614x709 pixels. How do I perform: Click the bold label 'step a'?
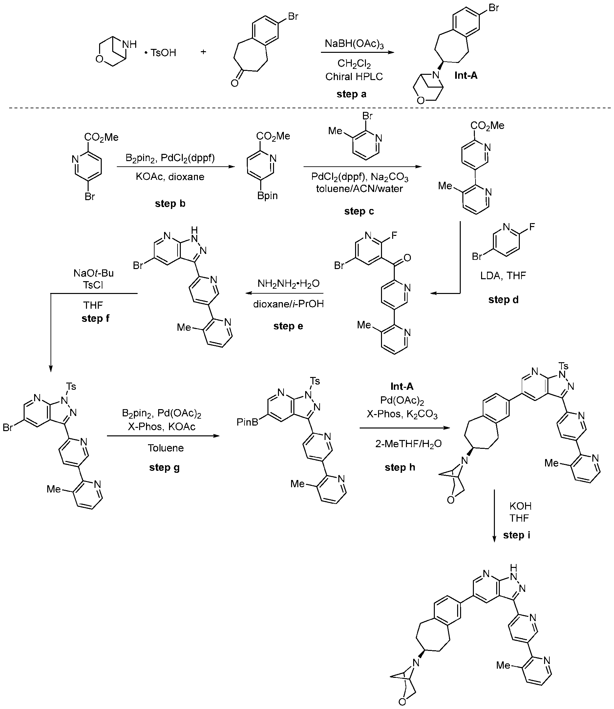[x=351, y=94]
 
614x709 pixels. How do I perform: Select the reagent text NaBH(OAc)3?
[x=354, y=44]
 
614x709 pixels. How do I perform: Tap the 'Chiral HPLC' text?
[x=354, y=76]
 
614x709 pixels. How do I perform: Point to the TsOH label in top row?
[x=163, y=53]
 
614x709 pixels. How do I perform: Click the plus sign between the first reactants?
[x=203, y=52]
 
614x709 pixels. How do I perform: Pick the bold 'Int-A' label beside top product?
[x=466, y=75]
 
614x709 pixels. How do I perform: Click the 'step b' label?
[x=170, y=203]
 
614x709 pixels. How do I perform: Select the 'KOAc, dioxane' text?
[x=170, y=177]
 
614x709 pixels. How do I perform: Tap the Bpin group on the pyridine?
[x=267, y=196]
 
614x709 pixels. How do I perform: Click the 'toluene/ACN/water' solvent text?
[x=359, y=189]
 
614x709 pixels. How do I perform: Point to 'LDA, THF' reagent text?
[x=503, y=275]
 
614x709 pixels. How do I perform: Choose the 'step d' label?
[x=503, y=299]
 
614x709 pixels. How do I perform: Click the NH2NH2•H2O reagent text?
[x=288, y=283]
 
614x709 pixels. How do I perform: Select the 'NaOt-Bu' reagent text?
[x=93, y=273]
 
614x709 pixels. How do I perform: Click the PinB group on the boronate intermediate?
[x=247, y=422]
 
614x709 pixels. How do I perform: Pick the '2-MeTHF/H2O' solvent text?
[x=409, y=444]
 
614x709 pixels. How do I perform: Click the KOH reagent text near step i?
[x=520, y=506]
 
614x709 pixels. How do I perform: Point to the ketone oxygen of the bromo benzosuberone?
[x=234, y=83]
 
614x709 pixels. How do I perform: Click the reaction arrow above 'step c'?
[x=363, y=167]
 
